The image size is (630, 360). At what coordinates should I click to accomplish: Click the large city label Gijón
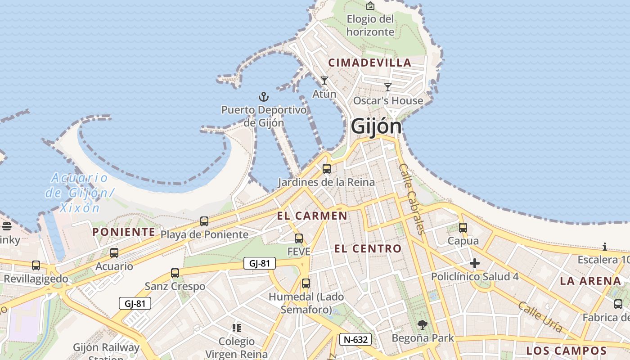pyautogui.click(x=376, y=126)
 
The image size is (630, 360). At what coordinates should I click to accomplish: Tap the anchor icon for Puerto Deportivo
pyautogui.click(x=263, y=96)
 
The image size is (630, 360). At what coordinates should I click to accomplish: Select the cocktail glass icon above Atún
pyautogui.click(x=324, y=81)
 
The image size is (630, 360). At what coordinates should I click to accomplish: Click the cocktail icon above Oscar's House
pyautogui.click(x=388, y=87)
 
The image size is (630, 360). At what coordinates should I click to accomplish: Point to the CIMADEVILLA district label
pyautogui.click(x=370, y=63)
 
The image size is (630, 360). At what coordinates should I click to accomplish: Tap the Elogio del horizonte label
pyautogui.click(x=370, y=25)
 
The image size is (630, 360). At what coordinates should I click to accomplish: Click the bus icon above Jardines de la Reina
pyautogui.click(x=327, y=169)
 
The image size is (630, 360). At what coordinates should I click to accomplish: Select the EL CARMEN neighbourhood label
pyautogui.click(x=312, y=216)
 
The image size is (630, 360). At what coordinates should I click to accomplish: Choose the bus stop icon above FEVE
pyautogui.click(x=299, y=238)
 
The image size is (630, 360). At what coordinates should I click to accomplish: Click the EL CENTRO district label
pyautogui.click(x=368, y=248)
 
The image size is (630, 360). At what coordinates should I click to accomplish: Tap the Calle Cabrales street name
pyautogui.click(x=411, y=198)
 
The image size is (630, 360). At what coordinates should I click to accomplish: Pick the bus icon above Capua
pyautogui.click(x=463, y=228)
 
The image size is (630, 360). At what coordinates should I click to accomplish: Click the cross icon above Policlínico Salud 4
pyautogui.click(x=475, y=263)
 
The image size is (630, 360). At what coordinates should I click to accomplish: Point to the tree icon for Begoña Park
pyautogui.click(x=422, y=324)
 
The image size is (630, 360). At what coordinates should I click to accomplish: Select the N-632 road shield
pyautogui.click(x=355, y=339)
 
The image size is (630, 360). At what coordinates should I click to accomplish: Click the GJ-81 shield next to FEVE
pyautogui.click(x=259, y=263)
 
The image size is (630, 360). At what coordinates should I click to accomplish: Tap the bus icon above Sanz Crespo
pyautogui.click(x=175, y=273)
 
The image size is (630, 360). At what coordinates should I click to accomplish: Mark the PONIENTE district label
pyautogui.click(x=124, y=232)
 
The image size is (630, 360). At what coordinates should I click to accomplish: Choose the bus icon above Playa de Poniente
pyautogui.click(x=204, y=221)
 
